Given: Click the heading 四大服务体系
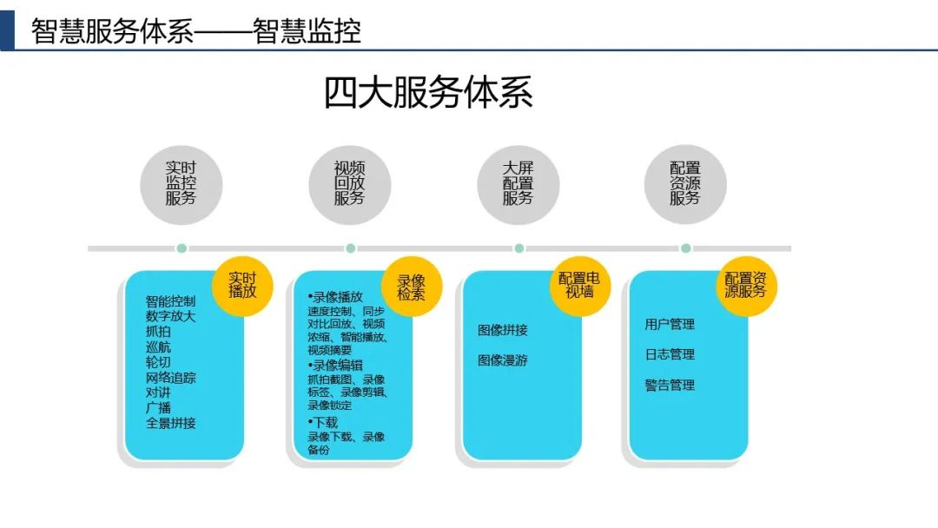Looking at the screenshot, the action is pyautogui.click(x=428, y=93).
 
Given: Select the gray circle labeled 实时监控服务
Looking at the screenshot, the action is pyautogui.click(x=182, y=184).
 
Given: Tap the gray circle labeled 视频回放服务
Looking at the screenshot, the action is pyautogui.click(x=350, y=184).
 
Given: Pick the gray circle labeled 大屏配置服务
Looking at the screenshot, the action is pyautogui.click(x=519, y=184).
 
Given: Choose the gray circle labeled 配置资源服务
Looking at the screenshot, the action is pyautogui.click(x=685, y=184).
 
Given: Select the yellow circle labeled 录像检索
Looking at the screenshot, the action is pyautogui.click(x=412, y=287).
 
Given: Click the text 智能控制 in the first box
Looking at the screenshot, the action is pyautogui.click(x=171, y=301).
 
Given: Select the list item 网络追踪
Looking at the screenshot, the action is pyautogui.click(x=171, y=378).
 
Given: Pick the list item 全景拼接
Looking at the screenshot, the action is pyautogui.click(x=171, y=423).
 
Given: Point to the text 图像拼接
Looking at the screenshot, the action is pyautogui.click(x=503, y=330).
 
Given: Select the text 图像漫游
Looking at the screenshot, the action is pyautogui.click(x=503, y=360).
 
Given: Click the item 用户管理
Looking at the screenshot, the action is pyautogui.click(x=670, y=324).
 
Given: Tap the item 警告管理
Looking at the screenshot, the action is pyautogui.click(x=670, y=385).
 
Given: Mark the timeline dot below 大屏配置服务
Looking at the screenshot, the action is pyautogui.click(x=519, y=248).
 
